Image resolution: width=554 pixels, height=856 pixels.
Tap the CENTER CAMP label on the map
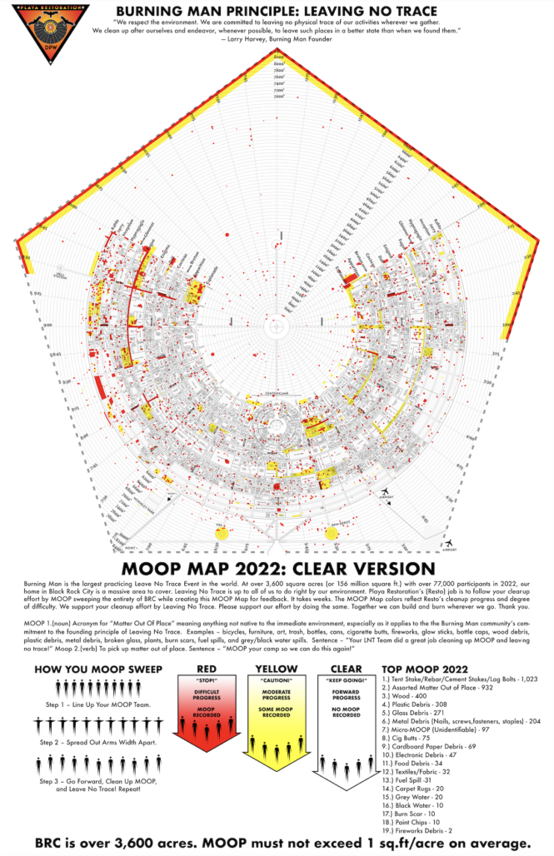tap(277, 392)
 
